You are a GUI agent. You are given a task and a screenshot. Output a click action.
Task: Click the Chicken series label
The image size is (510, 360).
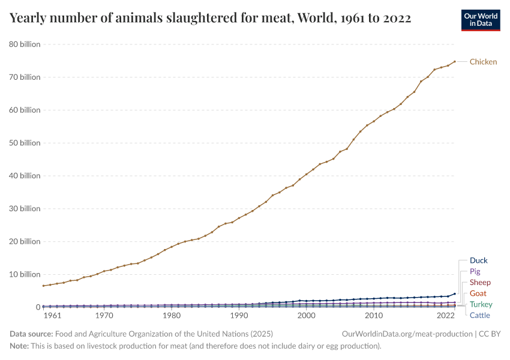click(483, 62)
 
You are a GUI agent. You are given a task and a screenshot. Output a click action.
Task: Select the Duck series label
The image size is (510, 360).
click(478, 260)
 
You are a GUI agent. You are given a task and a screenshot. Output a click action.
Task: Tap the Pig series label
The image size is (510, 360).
click(475, 272)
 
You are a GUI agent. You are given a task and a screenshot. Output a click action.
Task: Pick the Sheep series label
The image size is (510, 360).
click(480, 283)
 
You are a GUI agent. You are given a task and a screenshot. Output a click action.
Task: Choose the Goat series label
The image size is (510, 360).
click(478, 293)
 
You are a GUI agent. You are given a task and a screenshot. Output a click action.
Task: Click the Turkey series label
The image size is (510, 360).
click(481, 305)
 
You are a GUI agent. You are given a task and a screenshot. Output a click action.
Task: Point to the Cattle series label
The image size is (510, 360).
click(479, 316)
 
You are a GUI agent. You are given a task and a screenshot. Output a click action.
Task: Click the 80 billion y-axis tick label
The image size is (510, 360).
click(25, 44)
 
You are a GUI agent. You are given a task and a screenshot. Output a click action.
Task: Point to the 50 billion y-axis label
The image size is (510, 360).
click(25, 143)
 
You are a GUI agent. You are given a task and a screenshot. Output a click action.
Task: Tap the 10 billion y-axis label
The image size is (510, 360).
click(25, 274)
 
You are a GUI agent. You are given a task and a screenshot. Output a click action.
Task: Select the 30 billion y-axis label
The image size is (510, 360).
click(25, 209)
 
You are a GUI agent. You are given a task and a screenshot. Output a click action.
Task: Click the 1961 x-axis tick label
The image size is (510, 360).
click(52, 316)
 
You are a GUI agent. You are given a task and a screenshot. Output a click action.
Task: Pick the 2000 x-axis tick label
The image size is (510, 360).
click(307, 316)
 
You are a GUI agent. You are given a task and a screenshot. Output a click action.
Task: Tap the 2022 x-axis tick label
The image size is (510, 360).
click(445, 316)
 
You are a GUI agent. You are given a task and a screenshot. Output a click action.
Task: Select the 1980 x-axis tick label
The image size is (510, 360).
click(172, 316)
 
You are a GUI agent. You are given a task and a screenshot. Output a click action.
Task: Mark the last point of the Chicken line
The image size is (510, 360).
click(454, 61)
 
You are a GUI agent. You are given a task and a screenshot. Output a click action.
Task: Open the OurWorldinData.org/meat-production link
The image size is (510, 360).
click(405, 334)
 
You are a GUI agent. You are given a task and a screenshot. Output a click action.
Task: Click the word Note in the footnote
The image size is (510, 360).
click(20, 346)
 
